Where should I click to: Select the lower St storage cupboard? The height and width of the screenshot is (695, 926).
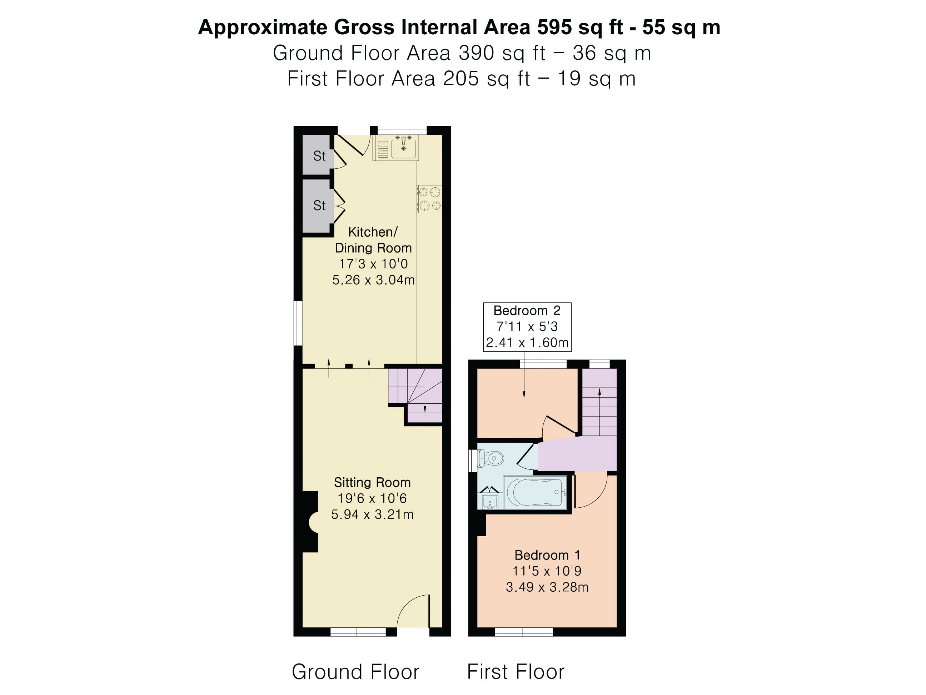coord(318,205)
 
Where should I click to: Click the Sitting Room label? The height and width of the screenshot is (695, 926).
coord(372,483)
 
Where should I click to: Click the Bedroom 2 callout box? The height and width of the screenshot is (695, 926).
coord(527,327)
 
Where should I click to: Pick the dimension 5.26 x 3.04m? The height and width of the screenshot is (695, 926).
coord(373,280)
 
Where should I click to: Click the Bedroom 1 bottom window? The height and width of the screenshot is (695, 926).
coord(524,632)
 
